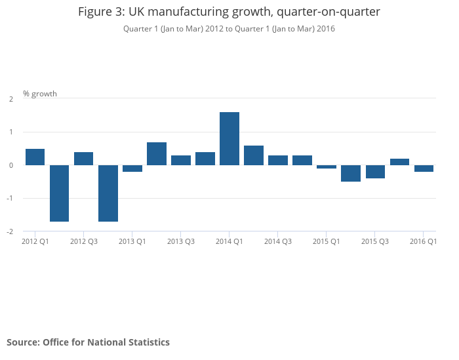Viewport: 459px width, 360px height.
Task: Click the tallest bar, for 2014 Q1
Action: pos(229,138)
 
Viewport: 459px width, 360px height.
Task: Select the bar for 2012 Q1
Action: pos(35,157)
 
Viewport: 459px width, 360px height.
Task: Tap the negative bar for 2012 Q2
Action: pos(60,193)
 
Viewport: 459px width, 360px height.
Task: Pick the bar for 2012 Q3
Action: pos(84,158)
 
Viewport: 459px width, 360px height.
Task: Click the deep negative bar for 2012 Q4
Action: pos(108,193)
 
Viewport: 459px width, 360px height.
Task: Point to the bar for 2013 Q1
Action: pos(132,169)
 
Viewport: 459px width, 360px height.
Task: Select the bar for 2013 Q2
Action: pos(157,153)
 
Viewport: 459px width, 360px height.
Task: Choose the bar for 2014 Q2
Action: pos(254,155)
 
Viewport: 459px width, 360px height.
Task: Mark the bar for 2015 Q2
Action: pos(351,173)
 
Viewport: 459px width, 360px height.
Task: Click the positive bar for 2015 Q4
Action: pos(399,161)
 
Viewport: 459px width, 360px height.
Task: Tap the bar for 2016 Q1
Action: pos(424,169)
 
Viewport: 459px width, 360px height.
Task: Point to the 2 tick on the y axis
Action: pos(11,99)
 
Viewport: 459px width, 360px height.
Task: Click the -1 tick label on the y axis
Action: pos(10,198)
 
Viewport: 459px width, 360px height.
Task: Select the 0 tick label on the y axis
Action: pos(11,165)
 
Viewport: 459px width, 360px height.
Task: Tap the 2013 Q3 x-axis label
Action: pos(181,242)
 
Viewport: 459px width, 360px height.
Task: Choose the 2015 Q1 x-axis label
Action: pos(327,242)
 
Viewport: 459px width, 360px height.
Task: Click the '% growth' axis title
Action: pos(40,94)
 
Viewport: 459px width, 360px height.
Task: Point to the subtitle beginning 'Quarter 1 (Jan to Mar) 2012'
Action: pos(229,29)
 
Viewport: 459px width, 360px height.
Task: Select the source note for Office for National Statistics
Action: pos(88,342)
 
